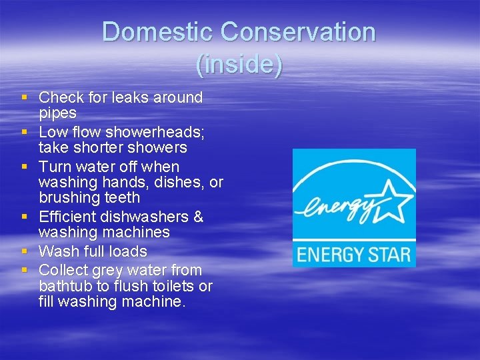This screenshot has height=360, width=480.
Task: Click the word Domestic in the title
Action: (157, 32)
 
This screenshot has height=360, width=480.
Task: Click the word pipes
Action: (57, 113)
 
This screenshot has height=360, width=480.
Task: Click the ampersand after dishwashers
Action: (198, 217)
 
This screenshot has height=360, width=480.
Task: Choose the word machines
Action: (134, 233)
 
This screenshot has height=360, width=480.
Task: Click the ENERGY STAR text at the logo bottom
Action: (353, 254)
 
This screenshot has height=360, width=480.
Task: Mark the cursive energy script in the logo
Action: (337, 205)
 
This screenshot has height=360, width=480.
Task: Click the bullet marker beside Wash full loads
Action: (25, 251)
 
